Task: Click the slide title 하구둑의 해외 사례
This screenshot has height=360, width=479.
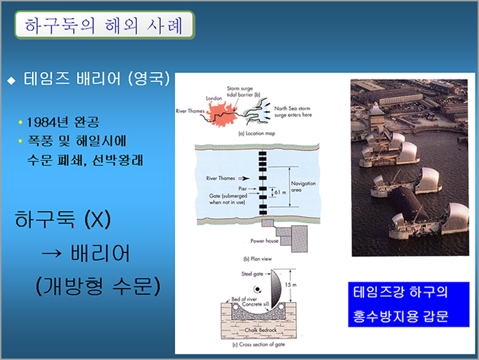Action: click(104, 25)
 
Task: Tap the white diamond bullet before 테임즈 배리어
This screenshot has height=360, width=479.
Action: click(12, 80)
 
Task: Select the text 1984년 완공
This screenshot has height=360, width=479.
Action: click(63, 123)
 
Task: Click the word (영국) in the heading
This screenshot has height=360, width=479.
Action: click(148, 79)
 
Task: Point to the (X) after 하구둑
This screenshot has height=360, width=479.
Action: click(97, 219)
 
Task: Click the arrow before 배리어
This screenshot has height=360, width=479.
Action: click(51, 253)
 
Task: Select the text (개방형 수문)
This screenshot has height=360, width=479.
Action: click(98, 286)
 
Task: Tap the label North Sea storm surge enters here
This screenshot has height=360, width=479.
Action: click(293, 112)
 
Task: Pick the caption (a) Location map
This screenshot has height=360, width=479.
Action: click(257, 133)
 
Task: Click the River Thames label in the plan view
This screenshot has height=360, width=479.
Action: click(220, 178)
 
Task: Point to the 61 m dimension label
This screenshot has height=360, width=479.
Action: click(280, 192)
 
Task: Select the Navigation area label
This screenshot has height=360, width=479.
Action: click(303, 186)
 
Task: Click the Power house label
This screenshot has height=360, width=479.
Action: click(265, 241)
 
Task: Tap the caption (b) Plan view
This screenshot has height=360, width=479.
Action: click(257, 259)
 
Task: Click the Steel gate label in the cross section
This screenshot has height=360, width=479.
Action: click(253, 274)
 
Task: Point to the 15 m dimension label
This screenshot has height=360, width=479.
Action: click(291, 285)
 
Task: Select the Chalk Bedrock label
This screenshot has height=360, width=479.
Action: click(261, 330)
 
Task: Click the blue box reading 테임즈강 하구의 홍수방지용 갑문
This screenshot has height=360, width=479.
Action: click(409, 305)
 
